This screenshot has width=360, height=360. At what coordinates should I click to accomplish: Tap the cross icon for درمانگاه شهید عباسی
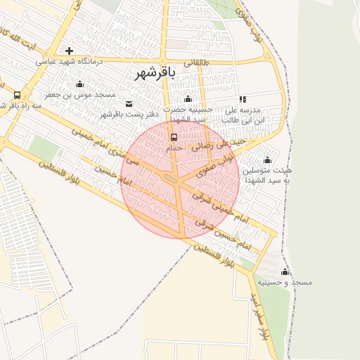(x=69, y=51)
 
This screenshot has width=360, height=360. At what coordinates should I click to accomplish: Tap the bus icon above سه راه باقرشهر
(x=17, y=95)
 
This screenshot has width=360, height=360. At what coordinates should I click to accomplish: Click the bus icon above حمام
(x=174, y=137)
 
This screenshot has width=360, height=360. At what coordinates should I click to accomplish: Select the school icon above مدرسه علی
(x=243, y=99)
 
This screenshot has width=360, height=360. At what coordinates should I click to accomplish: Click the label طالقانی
(x=197, y=63)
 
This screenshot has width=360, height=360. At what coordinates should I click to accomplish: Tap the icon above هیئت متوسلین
(x=267, y=160)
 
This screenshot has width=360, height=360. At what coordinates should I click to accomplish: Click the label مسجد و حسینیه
(x=285, y=282)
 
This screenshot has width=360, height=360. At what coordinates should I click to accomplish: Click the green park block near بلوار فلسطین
(x=44, y=148)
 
